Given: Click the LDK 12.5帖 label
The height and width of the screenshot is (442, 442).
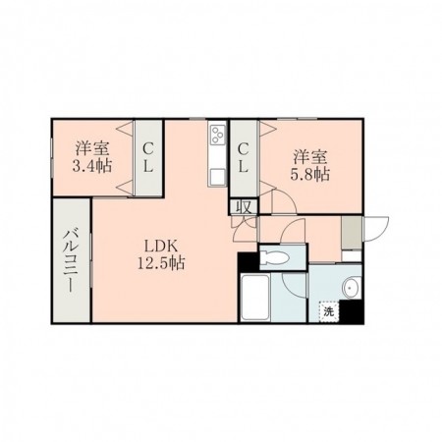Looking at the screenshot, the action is [x=161, y=254].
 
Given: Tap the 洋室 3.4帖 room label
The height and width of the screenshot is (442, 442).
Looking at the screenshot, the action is [x=92, y=157].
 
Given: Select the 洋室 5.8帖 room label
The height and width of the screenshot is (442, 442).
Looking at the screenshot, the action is [x=309, y=166].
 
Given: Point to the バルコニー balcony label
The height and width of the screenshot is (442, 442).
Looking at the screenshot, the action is [x=72, y=261].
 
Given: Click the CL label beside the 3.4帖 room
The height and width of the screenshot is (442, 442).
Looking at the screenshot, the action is [x=148, y=158].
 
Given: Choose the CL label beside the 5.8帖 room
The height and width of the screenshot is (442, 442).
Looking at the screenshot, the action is [x=243, y=158].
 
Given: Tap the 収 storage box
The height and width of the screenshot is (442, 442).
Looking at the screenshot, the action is [x=244, y=207].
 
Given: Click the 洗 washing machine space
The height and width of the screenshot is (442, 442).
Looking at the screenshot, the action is [x=328, y=311].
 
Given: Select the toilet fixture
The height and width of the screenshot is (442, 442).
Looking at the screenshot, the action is [x=274, y=258].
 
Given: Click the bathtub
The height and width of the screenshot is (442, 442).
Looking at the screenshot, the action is [x=255, y=298].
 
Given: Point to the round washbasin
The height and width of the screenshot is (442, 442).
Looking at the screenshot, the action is [x=351, y=288].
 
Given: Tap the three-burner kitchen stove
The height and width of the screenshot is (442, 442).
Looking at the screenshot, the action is [x=217, y=135].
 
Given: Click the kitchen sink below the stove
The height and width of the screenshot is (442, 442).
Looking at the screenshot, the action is [x=218, y=177].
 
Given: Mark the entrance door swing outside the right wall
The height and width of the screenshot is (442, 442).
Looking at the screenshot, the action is [x=376, y=229].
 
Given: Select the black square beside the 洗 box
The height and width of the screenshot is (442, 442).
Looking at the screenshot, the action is [x=351, y=311].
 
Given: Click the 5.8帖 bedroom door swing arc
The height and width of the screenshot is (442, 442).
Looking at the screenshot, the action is [x=284, y=202].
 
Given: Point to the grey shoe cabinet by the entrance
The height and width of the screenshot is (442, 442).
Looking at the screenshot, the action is [x=352, y=233].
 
